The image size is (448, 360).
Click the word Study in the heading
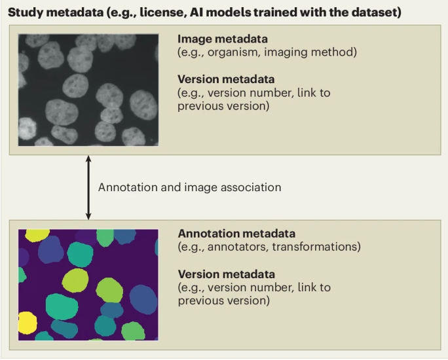[25, 12]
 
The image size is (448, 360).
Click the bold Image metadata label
[222, 39]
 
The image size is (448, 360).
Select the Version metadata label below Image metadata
[226, 79]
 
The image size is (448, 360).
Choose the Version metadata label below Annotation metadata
[226, 274]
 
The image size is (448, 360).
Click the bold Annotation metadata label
[236, 234]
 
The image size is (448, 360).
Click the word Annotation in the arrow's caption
[124, 187]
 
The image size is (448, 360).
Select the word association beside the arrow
[251, 187]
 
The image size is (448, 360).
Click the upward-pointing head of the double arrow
[89, 159]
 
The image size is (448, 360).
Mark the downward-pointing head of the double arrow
[89, 216]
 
